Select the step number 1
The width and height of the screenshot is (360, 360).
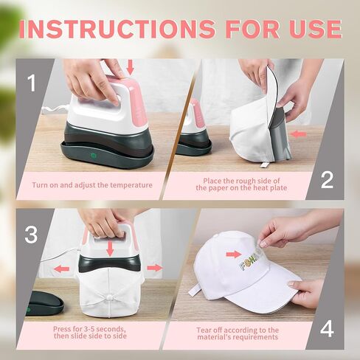coord(31,83)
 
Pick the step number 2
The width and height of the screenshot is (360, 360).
coord(327,179)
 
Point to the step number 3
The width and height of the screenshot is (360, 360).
coord(31,235)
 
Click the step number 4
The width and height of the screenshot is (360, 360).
coord(327,328)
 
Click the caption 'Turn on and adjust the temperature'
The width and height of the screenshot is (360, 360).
coord(93,184)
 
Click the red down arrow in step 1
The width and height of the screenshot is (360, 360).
coord(131,67)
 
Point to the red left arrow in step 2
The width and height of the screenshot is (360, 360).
coord(297,134)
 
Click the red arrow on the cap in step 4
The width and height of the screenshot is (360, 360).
coord(233,255)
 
